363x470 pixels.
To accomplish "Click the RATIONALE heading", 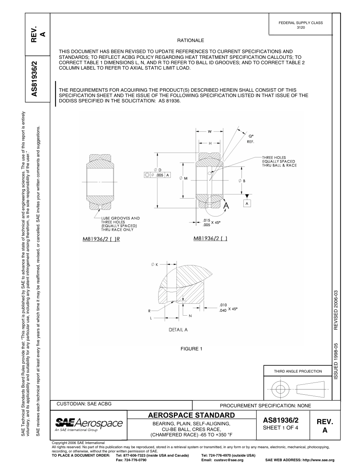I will coord(190,41).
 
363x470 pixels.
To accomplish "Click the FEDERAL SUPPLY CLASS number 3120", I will coord(301,28).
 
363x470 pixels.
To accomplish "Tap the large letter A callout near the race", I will coord(226,206).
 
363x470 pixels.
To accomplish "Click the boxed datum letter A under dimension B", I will coord(247,204).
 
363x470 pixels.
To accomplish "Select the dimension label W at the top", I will coord(210,132).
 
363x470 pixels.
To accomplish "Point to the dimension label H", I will coord(210,143).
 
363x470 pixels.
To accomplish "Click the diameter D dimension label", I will coord(157,169).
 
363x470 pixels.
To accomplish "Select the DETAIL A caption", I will coord(178,329).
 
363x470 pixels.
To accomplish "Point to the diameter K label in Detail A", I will coord(155,264).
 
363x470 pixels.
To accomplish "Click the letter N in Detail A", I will coord(190,316).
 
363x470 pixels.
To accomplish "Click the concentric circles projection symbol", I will coord(281,389).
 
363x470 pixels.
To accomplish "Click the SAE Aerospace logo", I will coord(89,424).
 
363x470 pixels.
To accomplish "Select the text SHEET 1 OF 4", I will coord(280,428).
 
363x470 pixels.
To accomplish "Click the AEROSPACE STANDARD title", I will coord(191,415).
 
